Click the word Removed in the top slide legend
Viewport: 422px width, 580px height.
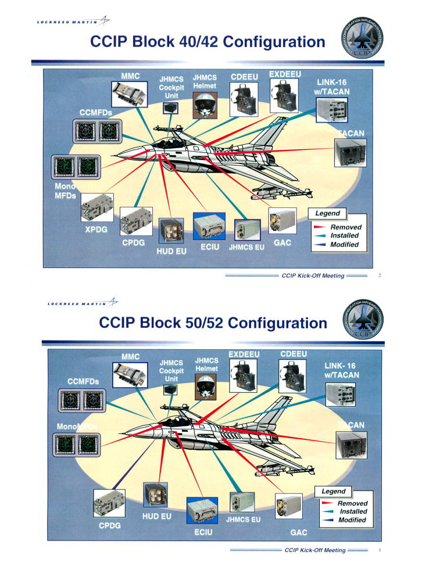point(345,227)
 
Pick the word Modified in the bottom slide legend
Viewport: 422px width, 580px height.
point(352,520)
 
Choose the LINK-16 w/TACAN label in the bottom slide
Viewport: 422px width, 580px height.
point(342,370)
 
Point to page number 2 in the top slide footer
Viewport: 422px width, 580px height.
point(379,275)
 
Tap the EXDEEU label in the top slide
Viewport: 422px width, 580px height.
point(284,74)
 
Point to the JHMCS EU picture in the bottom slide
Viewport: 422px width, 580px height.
point(242,502)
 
